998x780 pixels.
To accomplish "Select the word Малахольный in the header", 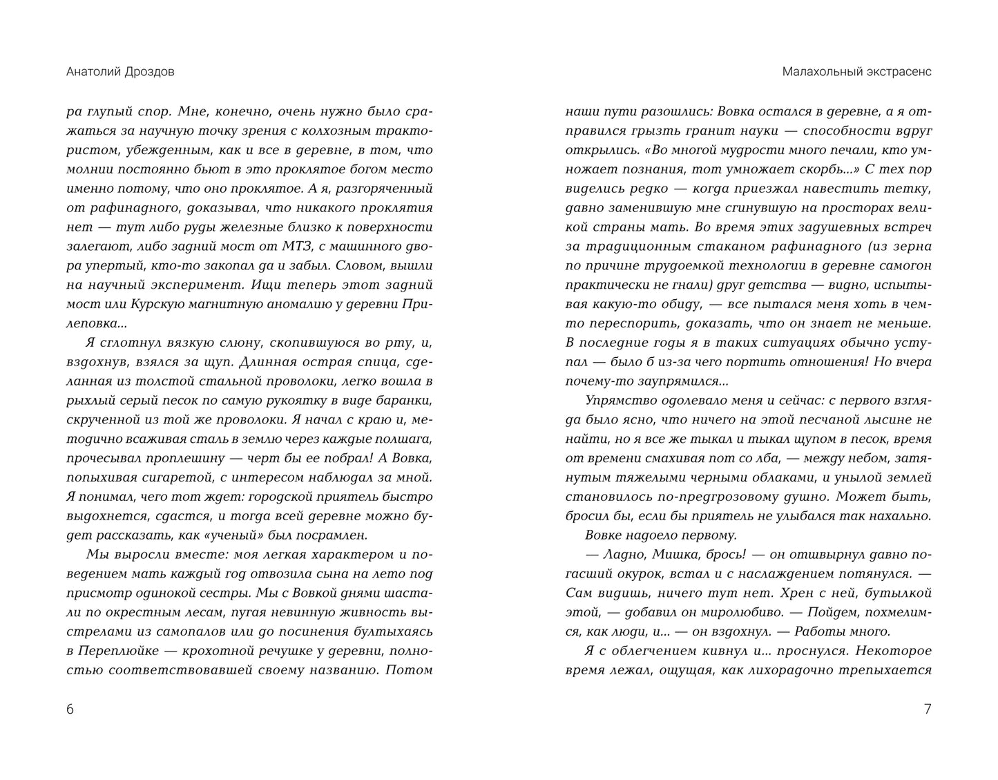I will click(817, 72).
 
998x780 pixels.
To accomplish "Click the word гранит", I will click(721, 130).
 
